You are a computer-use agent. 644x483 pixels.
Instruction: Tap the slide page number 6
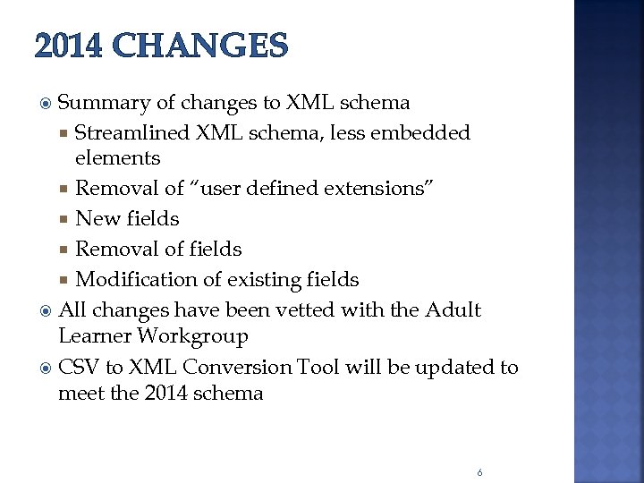click(x=480, y=472)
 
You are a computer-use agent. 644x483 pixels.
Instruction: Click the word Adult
click(x=453, y=310)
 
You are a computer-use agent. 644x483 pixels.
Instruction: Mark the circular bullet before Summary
click(x=47, y=104)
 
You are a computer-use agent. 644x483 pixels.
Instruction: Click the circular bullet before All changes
click(x=47, y=311)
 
